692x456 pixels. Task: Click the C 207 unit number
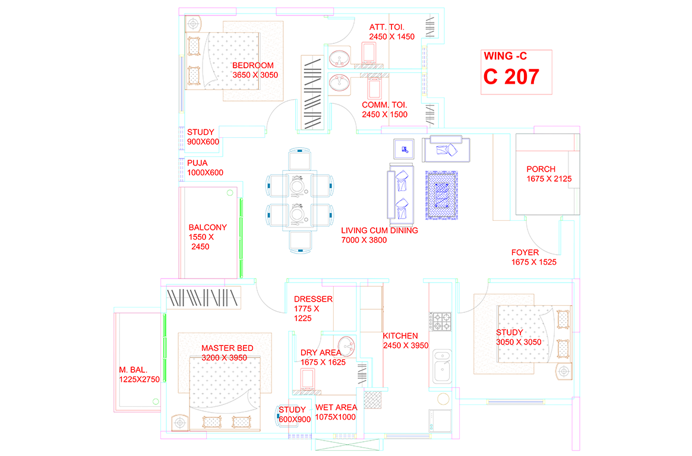click(x=511, y=77)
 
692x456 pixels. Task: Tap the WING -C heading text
click(x=505, y=56)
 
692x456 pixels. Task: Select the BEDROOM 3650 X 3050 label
click(x=255, y=70)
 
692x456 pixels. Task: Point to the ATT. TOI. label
click(x=387, y=27)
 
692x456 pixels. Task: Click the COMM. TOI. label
click(x=384, y=105)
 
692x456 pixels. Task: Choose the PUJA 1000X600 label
click(x=205, y=168)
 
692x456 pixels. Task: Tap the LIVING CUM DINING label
click(x=380, y=230)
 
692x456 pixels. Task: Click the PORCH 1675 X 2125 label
click(x=549, y=174)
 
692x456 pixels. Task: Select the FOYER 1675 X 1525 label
click(x=534, y=257)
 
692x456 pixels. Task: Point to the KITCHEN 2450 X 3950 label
click(x=406, y=340)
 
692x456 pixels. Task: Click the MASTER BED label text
click(x=227, y=349)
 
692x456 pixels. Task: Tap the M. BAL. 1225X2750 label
click(x=140, y=375)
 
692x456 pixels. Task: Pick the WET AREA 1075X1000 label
click(x=336, y=412)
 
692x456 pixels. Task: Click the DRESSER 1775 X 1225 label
click(x=314, y=309)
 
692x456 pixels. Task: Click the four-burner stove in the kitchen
click(x=441, y=321)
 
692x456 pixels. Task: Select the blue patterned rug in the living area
click(x=441, y=195)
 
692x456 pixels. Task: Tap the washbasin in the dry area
click(x=346, y=346)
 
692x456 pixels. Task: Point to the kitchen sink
click(x=442, y=366)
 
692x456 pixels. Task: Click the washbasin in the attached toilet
click(x=339, y=58)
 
